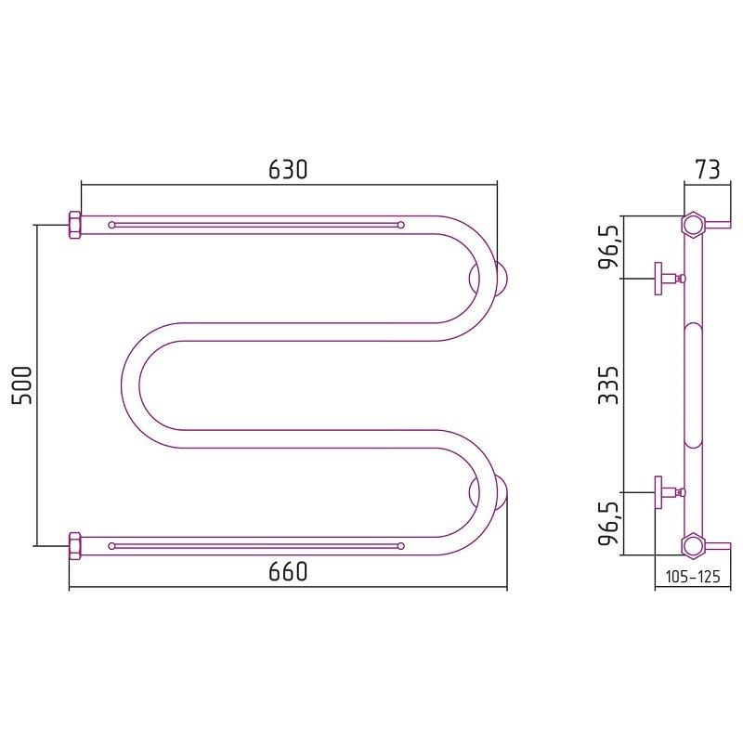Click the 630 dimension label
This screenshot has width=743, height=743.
click(288, 169)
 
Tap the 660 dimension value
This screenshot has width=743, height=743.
click(288, 571)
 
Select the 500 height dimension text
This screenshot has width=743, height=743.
click(21, 385)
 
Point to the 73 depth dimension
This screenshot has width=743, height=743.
click(707, 169)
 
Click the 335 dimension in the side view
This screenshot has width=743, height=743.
click(608, 385)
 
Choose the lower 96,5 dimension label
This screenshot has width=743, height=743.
click(608, 523)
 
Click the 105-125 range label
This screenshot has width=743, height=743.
click(693, 577)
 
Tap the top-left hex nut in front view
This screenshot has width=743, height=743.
click(75, 226)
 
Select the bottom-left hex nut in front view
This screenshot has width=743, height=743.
click(75, 546)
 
